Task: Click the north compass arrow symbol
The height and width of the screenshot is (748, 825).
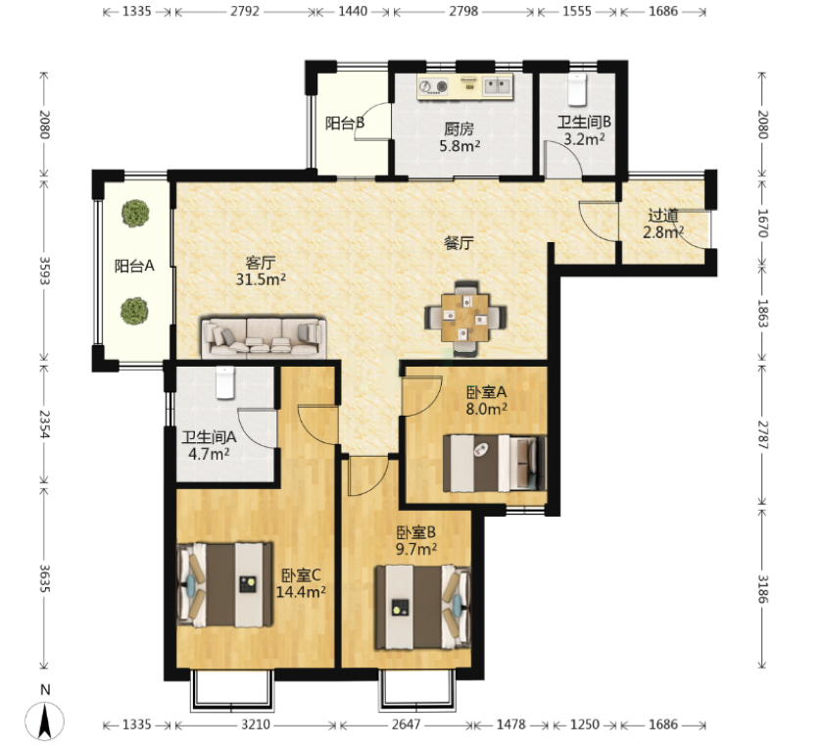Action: [x=45, y=722]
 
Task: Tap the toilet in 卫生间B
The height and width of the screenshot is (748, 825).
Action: [x=577, y=90]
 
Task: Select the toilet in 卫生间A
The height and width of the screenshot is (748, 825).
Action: [x=225, y=382]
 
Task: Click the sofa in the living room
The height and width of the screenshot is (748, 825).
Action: [x=264, y=337]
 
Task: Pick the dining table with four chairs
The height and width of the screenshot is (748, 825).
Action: [x=465, y=318]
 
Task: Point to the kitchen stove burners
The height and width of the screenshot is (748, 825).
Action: [x=433, y=86]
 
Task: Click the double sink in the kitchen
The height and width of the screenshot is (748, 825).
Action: [x=497, y=86]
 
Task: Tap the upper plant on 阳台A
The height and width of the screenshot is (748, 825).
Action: [x=135, y=213]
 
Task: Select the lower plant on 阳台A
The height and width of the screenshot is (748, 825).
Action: [x=134, y=311]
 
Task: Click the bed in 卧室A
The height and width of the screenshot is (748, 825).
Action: [x=495, y=464]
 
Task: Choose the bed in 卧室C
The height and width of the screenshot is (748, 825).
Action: [x=225, y=585]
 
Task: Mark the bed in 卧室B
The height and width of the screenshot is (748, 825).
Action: [x=422, y=607]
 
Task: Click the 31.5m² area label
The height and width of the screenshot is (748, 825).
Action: [x=261, y=279]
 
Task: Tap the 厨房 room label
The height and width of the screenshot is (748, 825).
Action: [x=459, y=129]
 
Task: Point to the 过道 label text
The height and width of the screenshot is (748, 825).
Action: [x=663, y=216]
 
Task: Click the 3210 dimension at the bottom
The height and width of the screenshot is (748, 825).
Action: [x=256, y=724]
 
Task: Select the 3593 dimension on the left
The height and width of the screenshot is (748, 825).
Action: [x=45, y=271]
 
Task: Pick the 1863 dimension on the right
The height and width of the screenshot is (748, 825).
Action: [x=763, y=313]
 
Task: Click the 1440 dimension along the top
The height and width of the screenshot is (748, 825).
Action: [x=353, y=11]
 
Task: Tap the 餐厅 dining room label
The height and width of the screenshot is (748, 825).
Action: [x=459, y=243]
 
